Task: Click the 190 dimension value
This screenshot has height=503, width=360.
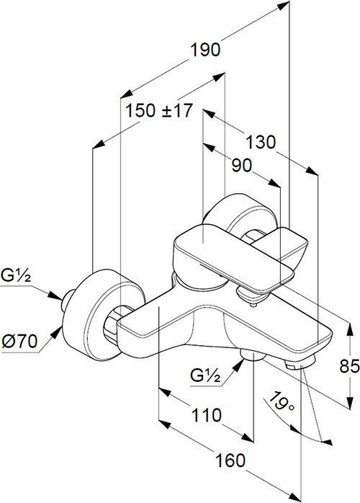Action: coord(205,50)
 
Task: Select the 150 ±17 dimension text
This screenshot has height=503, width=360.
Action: coord(159,111)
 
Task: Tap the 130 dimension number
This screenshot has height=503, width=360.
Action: coord(261,142)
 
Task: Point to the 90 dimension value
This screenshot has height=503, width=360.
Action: coord(242,166)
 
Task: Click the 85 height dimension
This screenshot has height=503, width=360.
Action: coord(349,366)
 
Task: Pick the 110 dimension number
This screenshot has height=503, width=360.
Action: coord(206,415)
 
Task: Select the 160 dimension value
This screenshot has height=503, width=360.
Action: coord(230,460)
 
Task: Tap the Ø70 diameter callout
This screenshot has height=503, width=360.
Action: coord(19,342)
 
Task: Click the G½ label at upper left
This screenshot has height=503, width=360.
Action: coord(16,275)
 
